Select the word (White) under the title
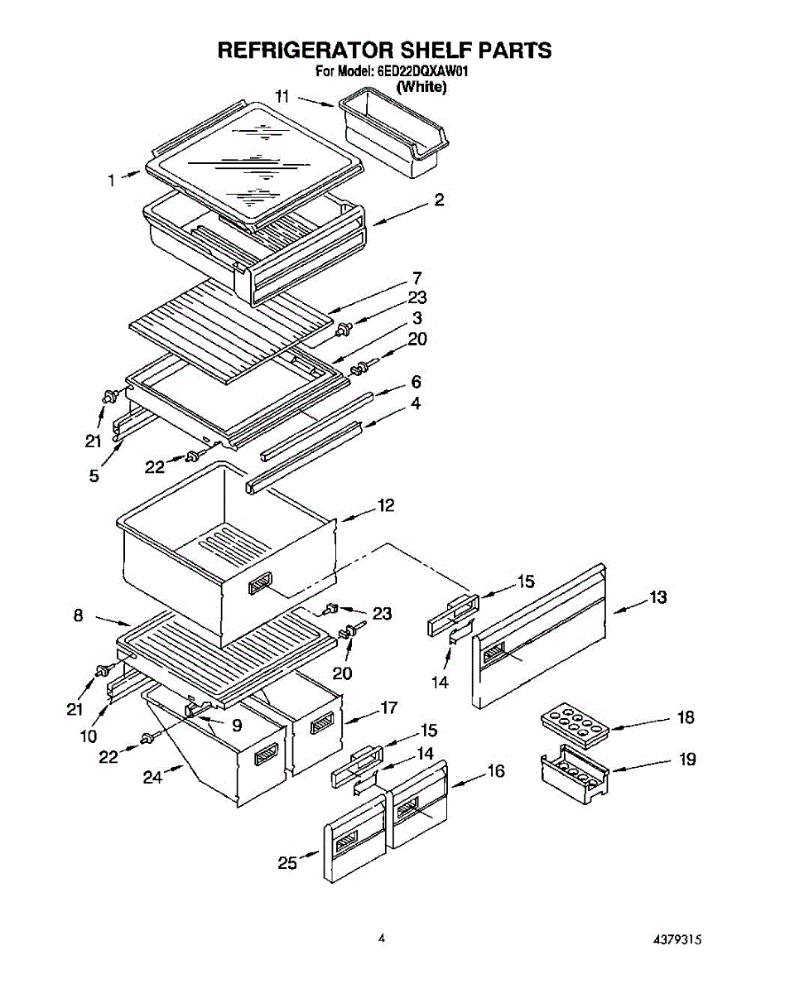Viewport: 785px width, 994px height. (x=421, y=86)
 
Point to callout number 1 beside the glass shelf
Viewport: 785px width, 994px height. (x=112, y=179)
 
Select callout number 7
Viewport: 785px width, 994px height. (x=417, y=277)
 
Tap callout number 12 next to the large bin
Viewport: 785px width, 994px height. (x=386, y=504)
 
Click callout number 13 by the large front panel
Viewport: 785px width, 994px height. (x=657, y=596)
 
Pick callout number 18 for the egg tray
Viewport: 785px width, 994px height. (x=686, y=717)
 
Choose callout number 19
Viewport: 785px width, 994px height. (x=686, y=759)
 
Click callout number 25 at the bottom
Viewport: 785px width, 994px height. (x=287, y=863)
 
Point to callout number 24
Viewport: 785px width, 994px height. (x=152, y=777)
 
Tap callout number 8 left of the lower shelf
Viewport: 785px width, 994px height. (x=78, y=615)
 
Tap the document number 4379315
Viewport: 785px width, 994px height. (x=677, y=940)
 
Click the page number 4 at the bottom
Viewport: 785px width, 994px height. (x=382, y=939)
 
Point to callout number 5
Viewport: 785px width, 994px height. (x=94, y=475)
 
